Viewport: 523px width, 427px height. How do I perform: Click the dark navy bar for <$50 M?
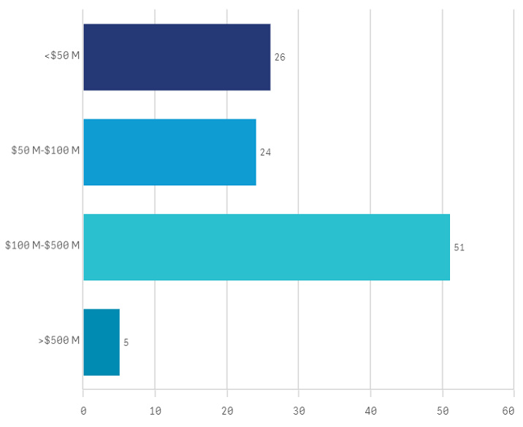click(x=177, y=57)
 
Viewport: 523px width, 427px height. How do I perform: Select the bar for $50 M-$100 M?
click(x=169, y=152)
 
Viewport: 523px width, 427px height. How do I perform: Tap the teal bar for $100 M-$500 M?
click(x=267, y=247)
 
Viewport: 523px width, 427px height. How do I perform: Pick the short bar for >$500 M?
click(x=102, y=342)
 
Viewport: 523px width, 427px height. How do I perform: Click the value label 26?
click(x=280, y=57)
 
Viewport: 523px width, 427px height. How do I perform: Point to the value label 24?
click(x=265, y=153)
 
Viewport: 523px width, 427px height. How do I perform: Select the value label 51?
click(x=459, y=247)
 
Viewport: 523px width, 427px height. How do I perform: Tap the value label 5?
click(x=126, y=342)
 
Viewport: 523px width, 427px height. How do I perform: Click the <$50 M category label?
click(x=62, y=56)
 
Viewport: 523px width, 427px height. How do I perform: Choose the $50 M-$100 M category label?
click(x=45, y=151)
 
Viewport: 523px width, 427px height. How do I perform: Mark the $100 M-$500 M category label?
click(x=42, y=245)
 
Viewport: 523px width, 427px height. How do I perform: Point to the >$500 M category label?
click(x=59, y=340)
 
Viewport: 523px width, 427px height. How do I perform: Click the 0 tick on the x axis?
click(x=83, y=412)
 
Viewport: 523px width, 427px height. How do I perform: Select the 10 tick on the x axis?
click(x=155, y=412)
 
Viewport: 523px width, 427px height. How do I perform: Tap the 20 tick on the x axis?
click(x=226, y=412)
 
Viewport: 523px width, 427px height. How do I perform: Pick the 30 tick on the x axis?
click(x=299, y=412)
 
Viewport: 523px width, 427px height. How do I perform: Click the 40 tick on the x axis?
click(x=370, y=412)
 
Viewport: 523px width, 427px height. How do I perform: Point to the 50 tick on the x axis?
click(x=442, y=412)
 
